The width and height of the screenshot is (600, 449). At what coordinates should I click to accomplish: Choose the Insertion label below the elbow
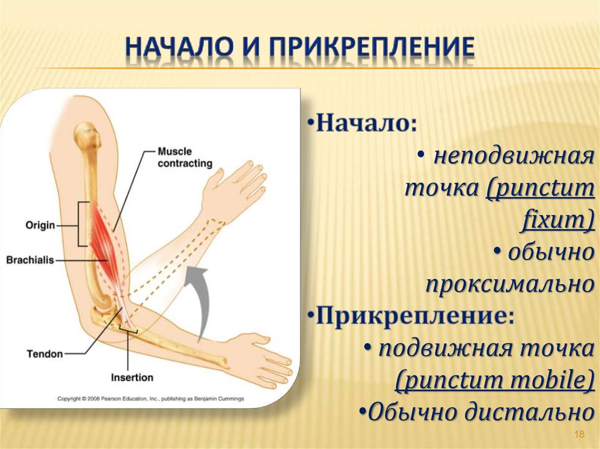point(132,378)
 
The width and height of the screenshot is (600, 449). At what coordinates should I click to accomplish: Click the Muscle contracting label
point(185,157)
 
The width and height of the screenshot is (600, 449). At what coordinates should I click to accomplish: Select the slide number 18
point(579,434)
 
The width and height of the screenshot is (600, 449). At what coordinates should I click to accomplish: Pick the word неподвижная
point(510,157)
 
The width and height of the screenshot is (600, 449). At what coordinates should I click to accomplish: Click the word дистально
point(527,413)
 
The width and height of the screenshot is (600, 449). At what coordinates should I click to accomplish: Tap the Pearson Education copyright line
point(150,399)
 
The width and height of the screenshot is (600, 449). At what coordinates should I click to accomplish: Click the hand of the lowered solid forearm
point(267,357)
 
